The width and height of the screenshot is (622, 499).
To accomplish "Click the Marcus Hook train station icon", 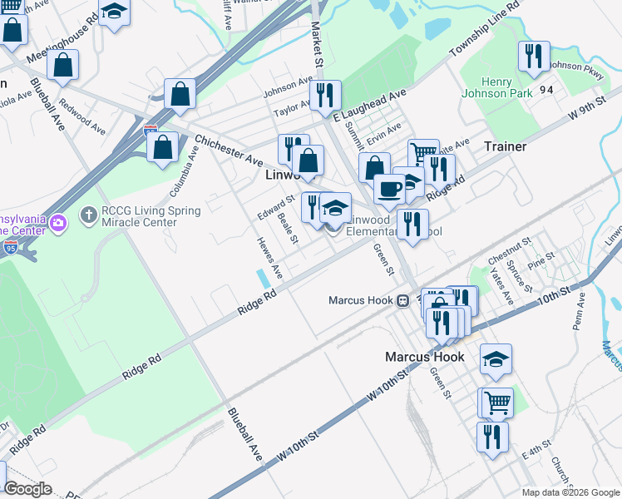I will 402,300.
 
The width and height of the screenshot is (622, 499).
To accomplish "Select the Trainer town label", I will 505,146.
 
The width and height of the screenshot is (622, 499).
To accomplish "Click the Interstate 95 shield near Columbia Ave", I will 150,130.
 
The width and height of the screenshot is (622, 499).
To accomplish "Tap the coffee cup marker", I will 389,189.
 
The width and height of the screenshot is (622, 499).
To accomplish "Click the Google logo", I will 27,489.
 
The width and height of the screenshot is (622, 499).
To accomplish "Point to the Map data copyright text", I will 570,492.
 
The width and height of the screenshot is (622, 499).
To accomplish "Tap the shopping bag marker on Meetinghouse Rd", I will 62,65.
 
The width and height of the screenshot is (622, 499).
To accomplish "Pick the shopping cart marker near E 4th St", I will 497,403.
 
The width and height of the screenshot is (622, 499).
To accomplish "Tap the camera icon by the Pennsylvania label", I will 57,222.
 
